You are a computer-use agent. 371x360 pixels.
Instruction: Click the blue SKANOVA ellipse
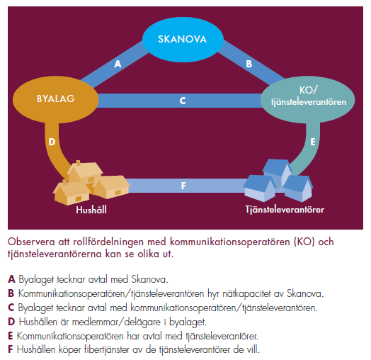pos(183,40)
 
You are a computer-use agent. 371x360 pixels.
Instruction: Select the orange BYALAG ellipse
pos(56,99)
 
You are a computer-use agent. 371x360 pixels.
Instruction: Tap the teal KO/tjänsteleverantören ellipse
pos(307,99)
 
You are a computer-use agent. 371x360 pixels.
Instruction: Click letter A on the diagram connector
pos(118,64)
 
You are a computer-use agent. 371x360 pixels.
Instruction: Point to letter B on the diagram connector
pos(249,64)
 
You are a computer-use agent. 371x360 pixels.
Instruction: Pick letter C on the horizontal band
pos(183,101)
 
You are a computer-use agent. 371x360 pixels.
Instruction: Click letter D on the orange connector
pos(52,142)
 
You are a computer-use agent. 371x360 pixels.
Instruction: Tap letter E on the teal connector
pos(313,142)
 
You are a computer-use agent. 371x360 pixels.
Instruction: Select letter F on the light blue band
pos(183,186)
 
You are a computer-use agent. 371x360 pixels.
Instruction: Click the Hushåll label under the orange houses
pos(91,210)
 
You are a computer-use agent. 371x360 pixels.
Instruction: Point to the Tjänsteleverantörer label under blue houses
pos(285,210)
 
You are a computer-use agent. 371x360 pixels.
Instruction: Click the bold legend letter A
pos(11,279)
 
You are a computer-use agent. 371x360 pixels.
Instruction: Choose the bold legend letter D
pos(11,322)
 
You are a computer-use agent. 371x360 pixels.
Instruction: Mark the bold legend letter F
pos(11,349)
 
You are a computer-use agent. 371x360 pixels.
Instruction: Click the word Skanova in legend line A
pos(149,279)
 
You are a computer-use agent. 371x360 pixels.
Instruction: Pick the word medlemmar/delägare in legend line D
pos(116,322)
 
